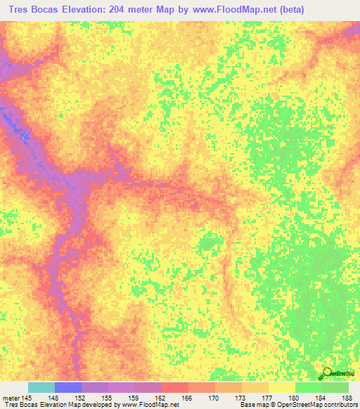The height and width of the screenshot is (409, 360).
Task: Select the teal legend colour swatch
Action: point(41,387)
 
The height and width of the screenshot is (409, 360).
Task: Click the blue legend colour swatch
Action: point(68,387)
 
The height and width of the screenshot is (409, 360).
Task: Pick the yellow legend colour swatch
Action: point(282,387)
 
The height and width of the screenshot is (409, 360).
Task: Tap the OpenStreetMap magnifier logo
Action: point(328,372)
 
